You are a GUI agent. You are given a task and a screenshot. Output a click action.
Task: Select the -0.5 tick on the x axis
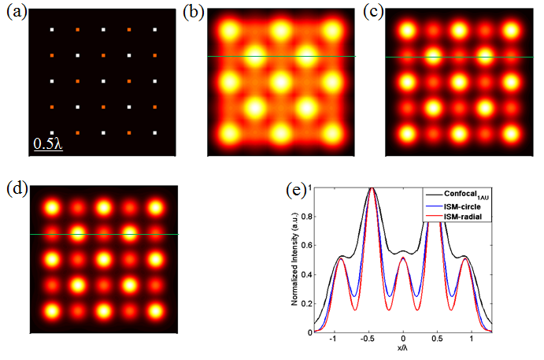tap(369, 340)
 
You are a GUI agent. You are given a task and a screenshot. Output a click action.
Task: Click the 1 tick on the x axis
tap(472, 340)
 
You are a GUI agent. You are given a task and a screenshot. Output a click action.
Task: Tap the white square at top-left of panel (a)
tap(53, 30)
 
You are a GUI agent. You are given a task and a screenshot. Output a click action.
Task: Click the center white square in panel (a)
tap(104, 81)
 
